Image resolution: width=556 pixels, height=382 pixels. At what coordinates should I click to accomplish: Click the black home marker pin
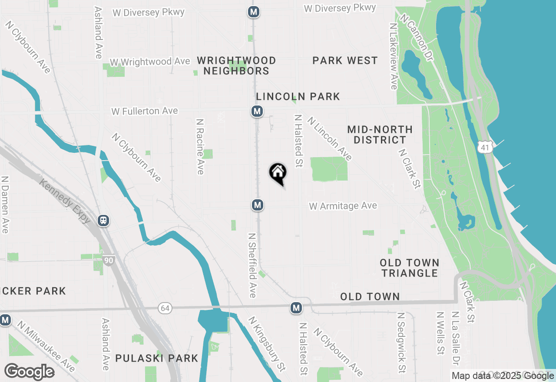tap(278, 173)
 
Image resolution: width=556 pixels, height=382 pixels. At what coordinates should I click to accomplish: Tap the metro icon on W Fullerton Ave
tap(257, 111)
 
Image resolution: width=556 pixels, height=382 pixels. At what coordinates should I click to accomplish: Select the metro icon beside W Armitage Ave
tap(258, 204)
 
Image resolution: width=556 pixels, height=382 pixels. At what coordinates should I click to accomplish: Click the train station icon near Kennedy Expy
tap(103, 221)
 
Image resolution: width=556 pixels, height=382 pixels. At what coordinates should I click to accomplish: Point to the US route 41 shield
tap(485, 148)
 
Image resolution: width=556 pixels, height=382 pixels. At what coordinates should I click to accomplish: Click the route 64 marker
tap(165, 308)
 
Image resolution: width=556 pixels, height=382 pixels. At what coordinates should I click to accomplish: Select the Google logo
tap(29, 372)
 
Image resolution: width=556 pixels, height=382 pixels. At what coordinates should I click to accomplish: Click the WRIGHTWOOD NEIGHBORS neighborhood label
tap(236, 66)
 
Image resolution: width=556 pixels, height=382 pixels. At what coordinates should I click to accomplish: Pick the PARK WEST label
tap(345, 60)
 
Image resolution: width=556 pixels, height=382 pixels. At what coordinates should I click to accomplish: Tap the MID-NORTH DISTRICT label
tap(380, 135)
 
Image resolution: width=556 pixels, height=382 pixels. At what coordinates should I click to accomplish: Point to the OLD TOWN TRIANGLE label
tap(410, 268)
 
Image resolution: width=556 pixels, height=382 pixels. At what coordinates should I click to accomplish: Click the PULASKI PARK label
tap(156, 358)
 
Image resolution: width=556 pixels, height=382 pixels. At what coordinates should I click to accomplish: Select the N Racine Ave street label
tap(200, 147)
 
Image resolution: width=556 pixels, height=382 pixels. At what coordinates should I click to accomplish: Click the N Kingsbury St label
tap(267, 343)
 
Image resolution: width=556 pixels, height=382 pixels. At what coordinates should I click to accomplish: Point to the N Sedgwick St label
tap(401, 342)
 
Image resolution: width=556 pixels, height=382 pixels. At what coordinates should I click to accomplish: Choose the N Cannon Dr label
tap(417, 37)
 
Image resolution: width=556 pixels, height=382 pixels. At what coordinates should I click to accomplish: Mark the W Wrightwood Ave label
tap(150, 62)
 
